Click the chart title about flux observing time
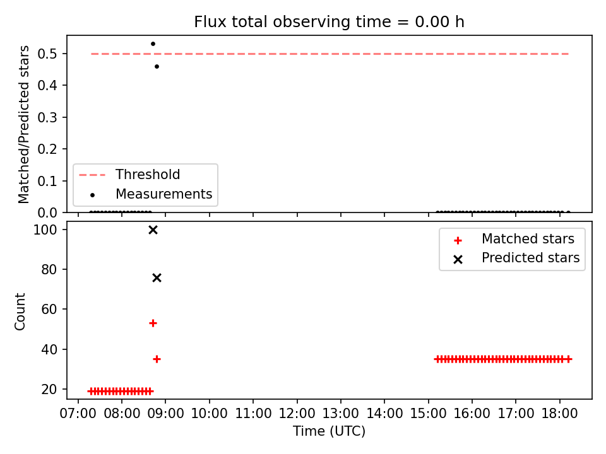[x=329, y=22]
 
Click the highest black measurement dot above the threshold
[x=153, y=44]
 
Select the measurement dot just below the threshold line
[x=157, y=66]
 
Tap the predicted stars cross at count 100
[x=153, y=230]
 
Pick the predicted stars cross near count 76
[x=157, y=278]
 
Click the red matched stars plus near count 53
[x=153, y=323]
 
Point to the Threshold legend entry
[x=129, y=175]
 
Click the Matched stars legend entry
[x=514, y=239]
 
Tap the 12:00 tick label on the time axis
[x=297, y=414]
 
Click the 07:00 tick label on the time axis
[x=78, y=414]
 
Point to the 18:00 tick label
[x=560, y=414]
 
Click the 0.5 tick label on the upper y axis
[x=47, y=54]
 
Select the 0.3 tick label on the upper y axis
[x=47, y=117]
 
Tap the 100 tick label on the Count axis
[x=45, y=230]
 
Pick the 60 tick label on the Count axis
[x=49, y=309]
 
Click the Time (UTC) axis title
[x=329, y=431]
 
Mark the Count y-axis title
[x=20, y=311]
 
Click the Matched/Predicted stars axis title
[x=23, y=124]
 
